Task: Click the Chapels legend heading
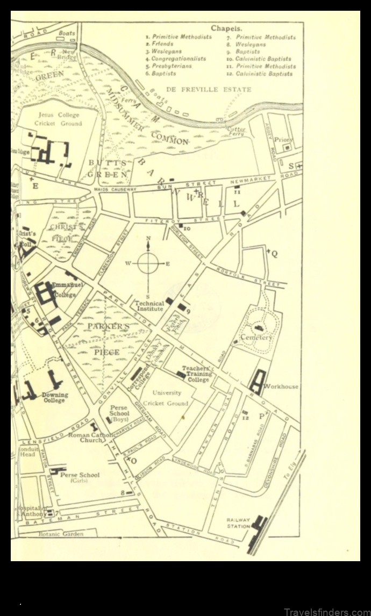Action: click(x=226, y=28)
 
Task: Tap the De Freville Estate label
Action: click(x=209, y=89)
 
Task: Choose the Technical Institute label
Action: click(x=149, y=306)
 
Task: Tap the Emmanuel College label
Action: click(x=65, y=290)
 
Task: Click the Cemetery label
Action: click(x=256, y=338)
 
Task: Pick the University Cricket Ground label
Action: click(x=170, y=398)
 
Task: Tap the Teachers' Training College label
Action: click(x=196, y=374)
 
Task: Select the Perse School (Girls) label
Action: click(x=80, y=478)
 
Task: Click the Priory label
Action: click(x=282, y=139)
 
